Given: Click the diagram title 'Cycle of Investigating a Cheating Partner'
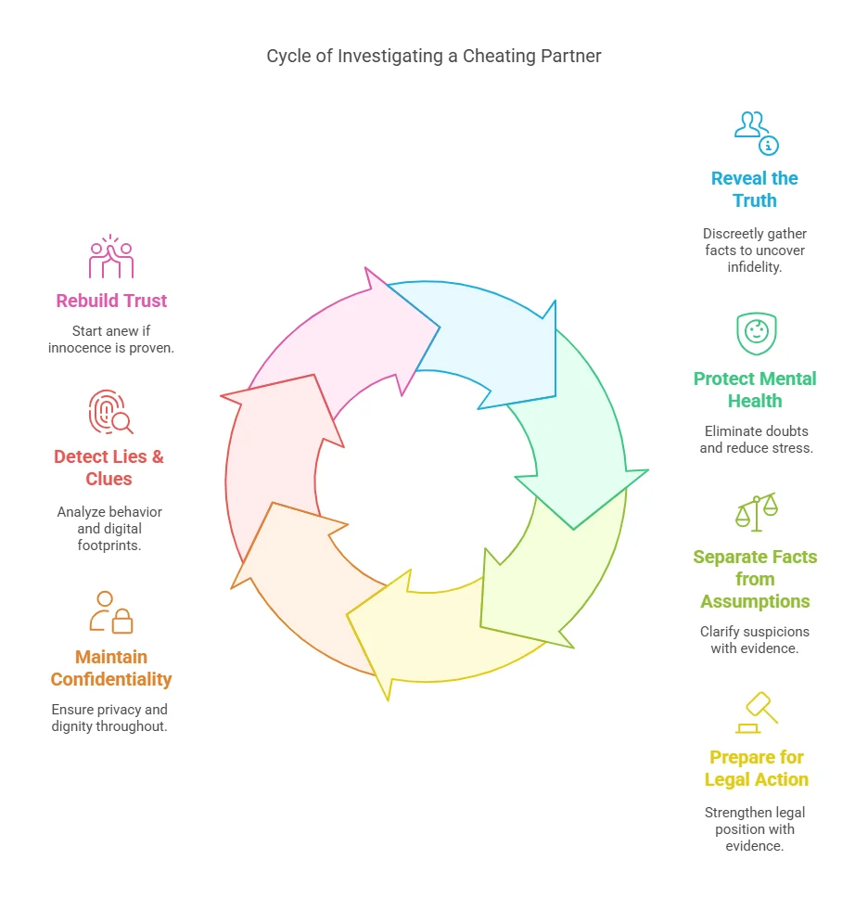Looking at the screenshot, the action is pyautogui.click(x=434, y=56).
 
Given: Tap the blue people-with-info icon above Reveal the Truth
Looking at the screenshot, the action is pyautogui.click(x=756, y=134).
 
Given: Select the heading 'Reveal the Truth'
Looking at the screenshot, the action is pyautogui.click(x=754, y=189).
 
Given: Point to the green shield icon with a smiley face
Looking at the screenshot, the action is pyautogui.click(x=757, y=334).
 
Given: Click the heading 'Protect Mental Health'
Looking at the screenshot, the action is pyautogui.click(x=755, y=390).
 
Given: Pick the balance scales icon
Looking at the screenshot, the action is pyautogui.click(x=757, y=512).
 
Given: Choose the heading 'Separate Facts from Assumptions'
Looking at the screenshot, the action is pyautogui.click(x=755, y=579).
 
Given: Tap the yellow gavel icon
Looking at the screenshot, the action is pyautogui.click(x=757, y=712).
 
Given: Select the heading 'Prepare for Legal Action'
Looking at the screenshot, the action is pyautogui.click(x=756, y=768).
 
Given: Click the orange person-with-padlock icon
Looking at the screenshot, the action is pyautogui.click(x=111, y=612).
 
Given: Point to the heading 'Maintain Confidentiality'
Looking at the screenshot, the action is pyautogui.click(x=110, y=668).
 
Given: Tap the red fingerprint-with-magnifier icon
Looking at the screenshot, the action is pyautogui.click(x=110, y=412).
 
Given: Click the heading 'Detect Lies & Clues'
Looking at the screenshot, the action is pyautogui.click(x=108, y=468).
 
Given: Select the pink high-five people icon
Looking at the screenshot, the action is pyautogui.click(x=111, y=256).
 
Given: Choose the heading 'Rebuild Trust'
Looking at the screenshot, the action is pyautogui.click(x=111, y=301).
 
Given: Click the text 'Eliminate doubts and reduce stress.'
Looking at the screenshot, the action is pyautogui.click(x=756, y=440).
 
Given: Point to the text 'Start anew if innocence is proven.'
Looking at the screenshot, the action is pyautogui.click(x=110, y=340).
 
